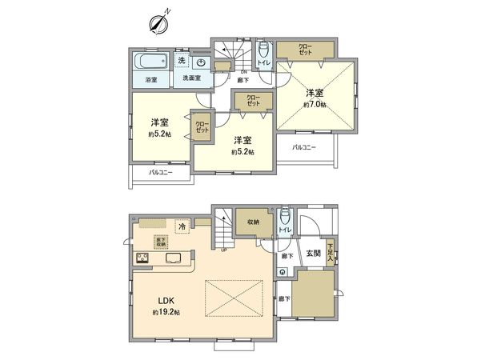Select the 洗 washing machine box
coord(182,61)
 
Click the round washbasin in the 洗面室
coord(201,62)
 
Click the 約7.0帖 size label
coord(314,105)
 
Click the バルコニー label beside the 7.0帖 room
coord(304,146)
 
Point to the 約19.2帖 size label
coord(166,312)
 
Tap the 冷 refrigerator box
coord(183,226)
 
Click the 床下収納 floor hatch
coord(162,242)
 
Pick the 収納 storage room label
coord(253,223)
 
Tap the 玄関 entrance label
coord(312,254)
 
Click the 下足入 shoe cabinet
coord(331,253)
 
